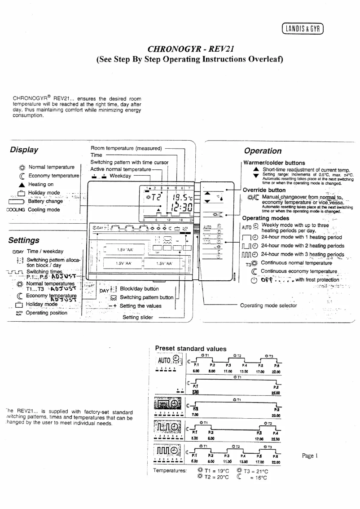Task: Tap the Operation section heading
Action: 263,151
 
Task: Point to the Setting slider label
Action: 139,317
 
